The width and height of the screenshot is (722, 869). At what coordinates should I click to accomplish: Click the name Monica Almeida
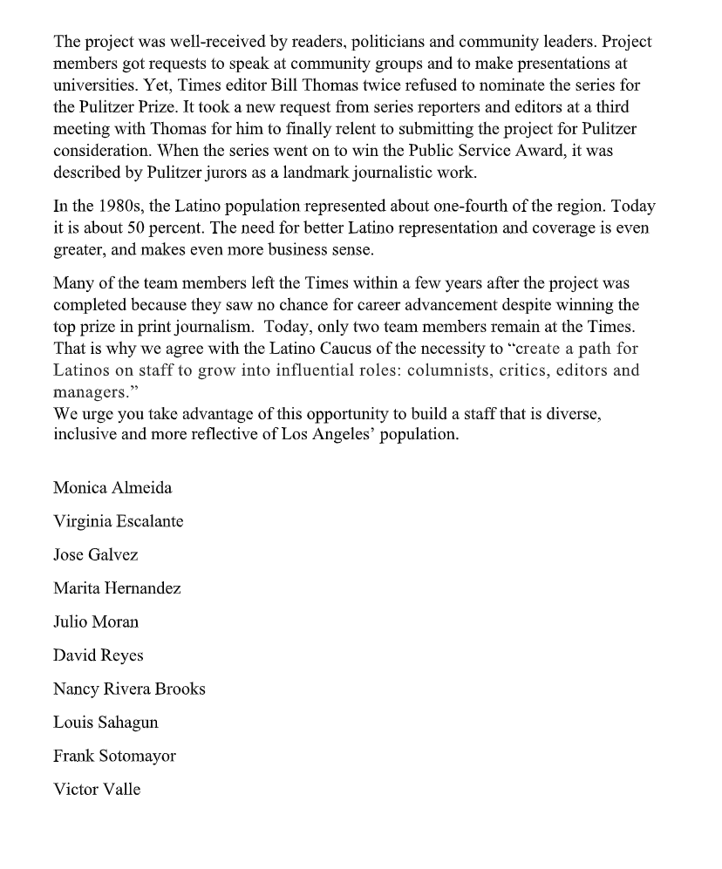(112, 488)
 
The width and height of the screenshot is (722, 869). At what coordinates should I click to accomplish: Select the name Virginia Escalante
(118, 521)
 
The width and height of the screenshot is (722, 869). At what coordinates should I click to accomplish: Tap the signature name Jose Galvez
(96, 555)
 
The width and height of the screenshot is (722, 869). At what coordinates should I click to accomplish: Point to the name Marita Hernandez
(117, 588)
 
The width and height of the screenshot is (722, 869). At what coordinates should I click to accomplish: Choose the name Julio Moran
(96, 621)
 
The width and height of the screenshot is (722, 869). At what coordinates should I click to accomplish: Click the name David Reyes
(98, 655)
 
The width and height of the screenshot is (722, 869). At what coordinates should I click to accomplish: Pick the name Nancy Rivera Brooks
(129, 689)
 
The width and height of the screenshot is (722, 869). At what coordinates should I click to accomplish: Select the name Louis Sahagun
(106, 723)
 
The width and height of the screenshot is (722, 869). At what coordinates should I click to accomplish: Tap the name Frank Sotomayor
(114, 756)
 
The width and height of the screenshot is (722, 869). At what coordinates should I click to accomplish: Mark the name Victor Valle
(97, 790)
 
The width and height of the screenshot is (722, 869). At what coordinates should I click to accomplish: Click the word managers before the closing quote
(86, 391)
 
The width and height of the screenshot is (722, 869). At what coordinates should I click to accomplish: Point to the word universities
(91, 85)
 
